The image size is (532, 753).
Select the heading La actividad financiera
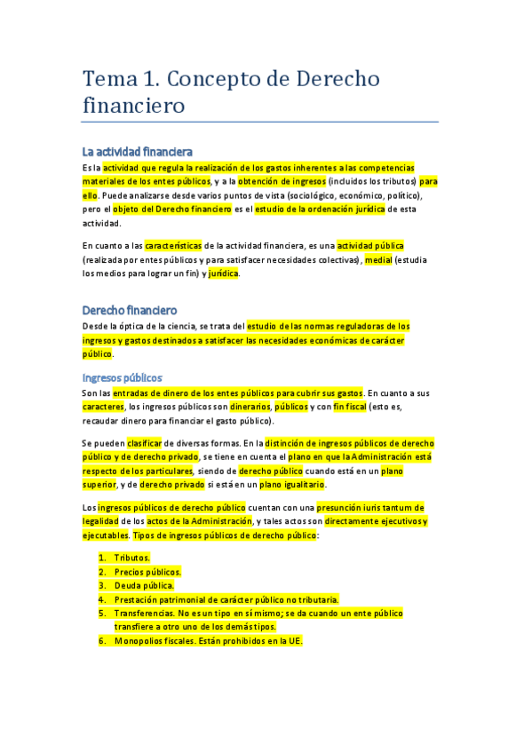tap(137, 152)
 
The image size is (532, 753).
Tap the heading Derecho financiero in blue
tap(130, 311)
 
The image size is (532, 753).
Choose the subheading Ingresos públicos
tap(122, 377)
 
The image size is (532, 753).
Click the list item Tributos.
tap(131, 558)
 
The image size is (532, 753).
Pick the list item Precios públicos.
tap(147, 572)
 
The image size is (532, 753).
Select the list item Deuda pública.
tap(144, 586)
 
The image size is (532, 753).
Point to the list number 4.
tap(102, 600)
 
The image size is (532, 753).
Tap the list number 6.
tap(102, 640)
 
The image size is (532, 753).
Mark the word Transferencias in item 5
tap(145, 614)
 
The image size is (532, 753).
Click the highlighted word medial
tap(377, 259)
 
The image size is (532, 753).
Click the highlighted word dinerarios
tap(245, 406)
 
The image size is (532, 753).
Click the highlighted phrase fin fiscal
tap(353, 406)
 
